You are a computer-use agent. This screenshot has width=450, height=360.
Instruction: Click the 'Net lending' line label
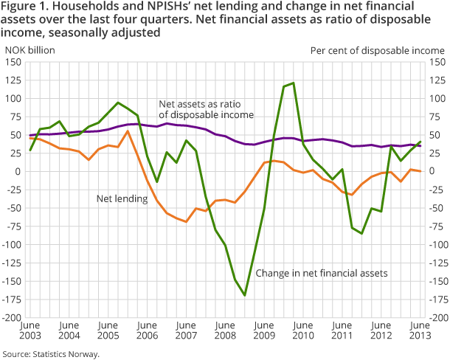[x=121, y=198]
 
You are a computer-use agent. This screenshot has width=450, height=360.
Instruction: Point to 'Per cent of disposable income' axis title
[x=377, y=49]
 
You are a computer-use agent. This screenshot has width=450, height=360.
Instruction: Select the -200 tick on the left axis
[x=14, y=318]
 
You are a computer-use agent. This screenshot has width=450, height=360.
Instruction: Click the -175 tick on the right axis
[x=436, y=300]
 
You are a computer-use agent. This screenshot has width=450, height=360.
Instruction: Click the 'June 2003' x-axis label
[x=30, y=331]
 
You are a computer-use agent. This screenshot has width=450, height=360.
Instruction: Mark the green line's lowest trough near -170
[x=245, y=295]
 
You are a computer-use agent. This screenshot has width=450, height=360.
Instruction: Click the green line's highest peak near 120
[x=294, y=83]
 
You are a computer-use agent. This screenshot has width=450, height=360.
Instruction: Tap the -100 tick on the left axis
[x=14, y=245]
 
